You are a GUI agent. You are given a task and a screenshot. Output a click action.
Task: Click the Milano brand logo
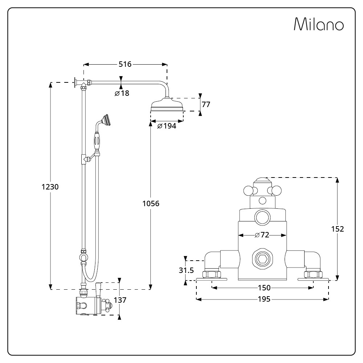point(319,24)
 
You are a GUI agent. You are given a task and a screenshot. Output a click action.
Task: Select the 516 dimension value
point(125,64)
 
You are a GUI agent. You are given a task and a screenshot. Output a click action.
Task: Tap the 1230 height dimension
point(50,187)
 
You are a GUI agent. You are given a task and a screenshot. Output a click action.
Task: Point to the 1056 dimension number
point(151,204)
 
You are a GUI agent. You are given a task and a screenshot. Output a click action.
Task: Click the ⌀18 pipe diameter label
point(122,93)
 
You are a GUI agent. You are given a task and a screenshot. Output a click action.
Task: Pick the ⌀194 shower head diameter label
point(167,126)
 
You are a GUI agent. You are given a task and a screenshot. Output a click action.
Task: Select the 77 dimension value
point(206,105)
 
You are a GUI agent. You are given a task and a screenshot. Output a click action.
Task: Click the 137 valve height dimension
point(120,300)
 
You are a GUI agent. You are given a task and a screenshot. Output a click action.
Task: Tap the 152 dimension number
point(338,229)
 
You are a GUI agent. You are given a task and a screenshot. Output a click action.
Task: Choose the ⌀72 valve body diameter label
point(262,235)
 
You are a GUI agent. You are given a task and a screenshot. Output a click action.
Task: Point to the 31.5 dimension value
point(186,270)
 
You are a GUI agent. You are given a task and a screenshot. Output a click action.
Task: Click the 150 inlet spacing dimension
point(264,288)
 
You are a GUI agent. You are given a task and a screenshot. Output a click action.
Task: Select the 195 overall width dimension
point(264,299)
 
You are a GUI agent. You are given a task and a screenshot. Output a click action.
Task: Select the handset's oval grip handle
point(97,140)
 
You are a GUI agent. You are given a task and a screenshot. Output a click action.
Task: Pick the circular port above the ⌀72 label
point(262,217)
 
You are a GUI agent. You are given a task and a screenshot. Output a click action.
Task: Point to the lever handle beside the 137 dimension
point(98,290)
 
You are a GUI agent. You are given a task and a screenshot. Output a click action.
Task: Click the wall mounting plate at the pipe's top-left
point(75,83)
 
